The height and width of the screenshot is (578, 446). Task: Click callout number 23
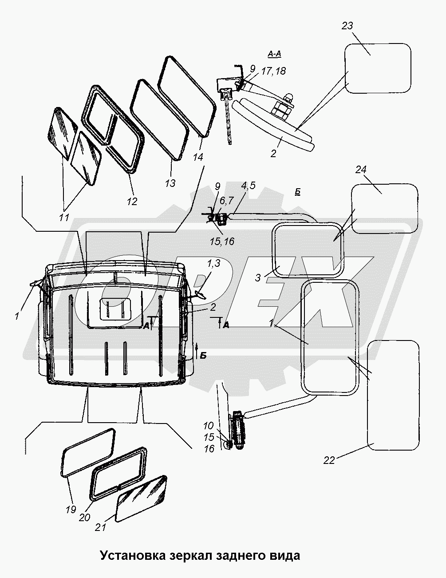tap(347, 26)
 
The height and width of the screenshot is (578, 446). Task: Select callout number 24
tap(361, 170)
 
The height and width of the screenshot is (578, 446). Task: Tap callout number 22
tap(329, 460)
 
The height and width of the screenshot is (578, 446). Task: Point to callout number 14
tap(198, 157)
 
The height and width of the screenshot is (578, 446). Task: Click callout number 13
tap(170, 183)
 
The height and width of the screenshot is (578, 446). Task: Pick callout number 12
tap(132, 202)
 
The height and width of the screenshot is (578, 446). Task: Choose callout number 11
tap(64, 218)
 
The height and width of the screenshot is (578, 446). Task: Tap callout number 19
tap(71, 509)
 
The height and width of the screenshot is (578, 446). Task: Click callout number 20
tap(84, 517)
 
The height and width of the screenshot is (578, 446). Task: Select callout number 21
tap(100, 527)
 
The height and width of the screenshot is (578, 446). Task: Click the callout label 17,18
tap(273, 71)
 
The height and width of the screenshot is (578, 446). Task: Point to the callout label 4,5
tap(248, 186)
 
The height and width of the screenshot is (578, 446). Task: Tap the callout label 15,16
tap(222, 241)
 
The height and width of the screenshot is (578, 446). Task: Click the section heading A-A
tap(274, 54)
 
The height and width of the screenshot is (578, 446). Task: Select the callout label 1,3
tap(213, 264)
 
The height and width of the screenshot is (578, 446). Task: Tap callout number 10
tap(209, 426)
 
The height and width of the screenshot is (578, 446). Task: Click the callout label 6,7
tap(226, 200)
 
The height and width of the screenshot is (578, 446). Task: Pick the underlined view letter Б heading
tap(298, 192)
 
